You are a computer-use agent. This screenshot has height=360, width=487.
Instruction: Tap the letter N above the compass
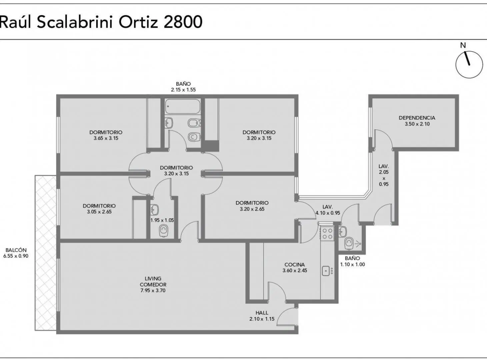coord(463,45)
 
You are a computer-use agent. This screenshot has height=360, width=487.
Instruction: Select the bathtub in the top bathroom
coord(183,106)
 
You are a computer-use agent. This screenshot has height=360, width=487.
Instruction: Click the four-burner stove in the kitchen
coord(327,234)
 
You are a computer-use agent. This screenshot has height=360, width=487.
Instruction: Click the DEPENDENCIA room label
coord(417,118)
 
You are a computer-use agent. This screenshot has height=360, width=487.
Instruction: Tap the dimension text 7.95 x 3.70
coord(153,291)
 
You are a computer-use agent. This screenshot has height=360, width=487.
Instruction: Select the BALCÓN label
coord(16,250)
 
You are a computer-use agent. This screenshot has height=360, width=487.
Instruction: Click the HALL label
coord(262,313)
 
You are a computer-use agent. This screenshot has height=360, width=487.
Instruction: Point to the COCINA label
coord(295,265)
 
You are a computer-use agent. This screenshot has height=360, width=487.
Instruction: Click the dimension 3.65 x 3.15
coord(106,138)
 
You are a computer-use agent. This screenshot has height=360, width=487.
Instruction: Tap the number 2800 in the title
coord(183,22)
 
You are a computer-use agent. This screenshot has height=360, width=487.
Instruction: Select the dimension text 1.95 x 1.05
coord(162,220)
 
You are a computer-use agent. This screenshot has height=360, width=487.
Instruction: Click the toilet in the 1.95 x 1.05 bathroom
coord(163,231)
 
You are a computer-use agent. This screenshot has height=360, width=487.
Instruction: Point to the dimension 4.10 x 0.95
coord(328,213)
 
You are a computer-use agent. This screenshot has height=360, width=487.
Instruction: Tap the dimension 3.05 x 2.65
coord(99,212)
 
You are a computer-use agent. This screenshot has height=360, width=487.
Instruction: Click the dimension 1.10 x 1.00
coord(352,264)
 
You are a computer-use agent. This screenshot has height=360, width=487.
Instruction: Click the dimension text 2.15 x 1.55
coord(183,90)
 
